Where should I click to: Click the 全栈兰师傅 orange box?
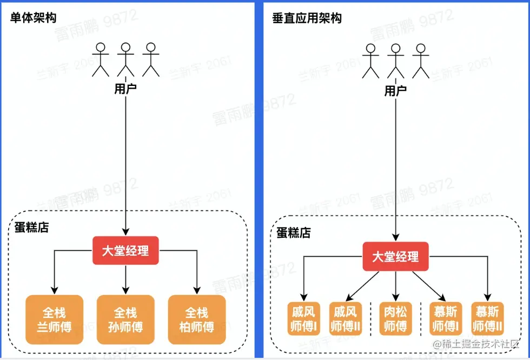point(54,319)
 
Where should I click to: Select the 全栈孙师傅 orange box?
point(125,319)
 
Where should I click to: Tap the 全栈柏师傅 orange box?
point(197,319)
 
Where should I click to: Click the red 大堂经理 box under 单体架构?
point(125,250)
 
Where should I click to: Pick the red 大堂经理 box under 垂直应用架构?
point(395,256)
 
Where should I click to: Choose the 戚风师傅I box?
point(303,319)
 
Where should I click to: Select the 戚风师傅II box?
point(345,319)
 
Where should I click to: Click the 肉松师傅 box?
point(395,319)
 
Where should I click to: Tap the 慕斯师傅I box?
point(446,319)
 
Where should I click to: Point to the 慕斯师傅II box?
point(488,319)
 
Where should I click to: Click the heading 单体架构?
point(34,18)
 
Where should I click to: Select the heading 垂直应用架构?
point(307,18)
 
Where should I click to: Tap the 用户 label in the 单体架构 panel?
point(125,88)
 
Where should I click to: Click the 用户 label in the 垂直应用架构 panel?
point(395,90)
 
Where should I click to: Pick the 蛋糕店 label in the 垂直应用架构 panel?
point(294,233)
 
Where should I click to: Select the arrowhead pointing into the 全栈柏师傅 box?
point(197,291)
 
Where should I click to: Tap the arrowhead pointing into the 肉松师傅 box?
point(395,298)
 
